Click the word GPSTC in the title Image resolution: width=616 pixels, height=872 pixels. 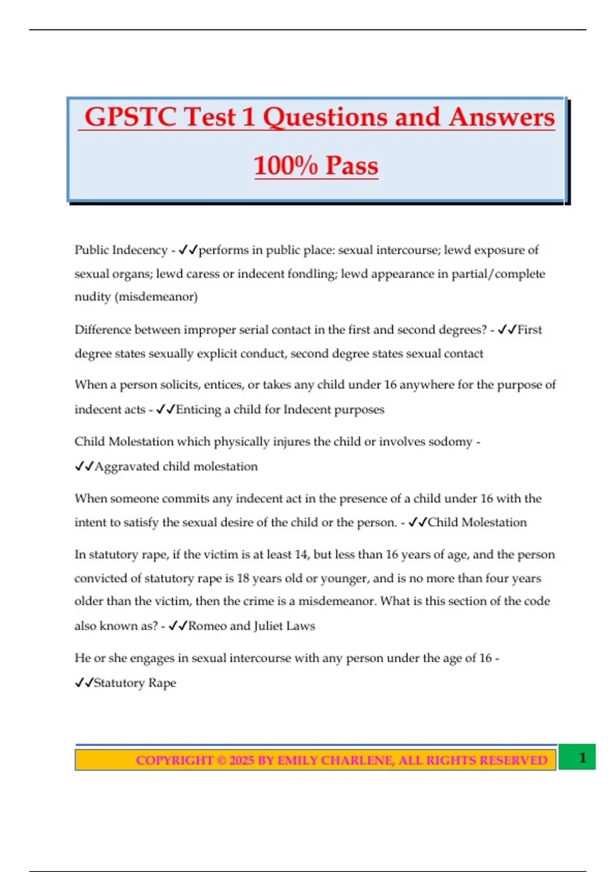pos(131,117)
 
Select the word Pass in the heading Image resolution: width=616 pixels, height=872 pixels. pos(352,166)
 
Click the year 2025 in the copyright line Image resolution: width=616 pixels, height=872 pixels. pos(241,760)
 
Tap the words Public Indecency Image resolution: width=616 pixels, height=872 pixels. pos(121,250)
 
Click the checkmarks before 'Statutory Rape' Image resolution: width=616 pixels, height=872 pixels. pos(84,683)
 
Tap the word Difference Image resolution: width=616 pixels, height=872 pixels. pos(102,329)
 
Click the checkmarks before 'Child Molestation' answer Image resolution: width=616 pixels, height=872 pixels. pos(417,522)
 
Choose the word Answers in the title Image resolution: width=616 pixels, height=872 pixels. pos(502,117)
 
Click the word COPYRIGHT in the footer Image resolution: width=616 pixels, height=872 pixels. pos(175,760)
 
